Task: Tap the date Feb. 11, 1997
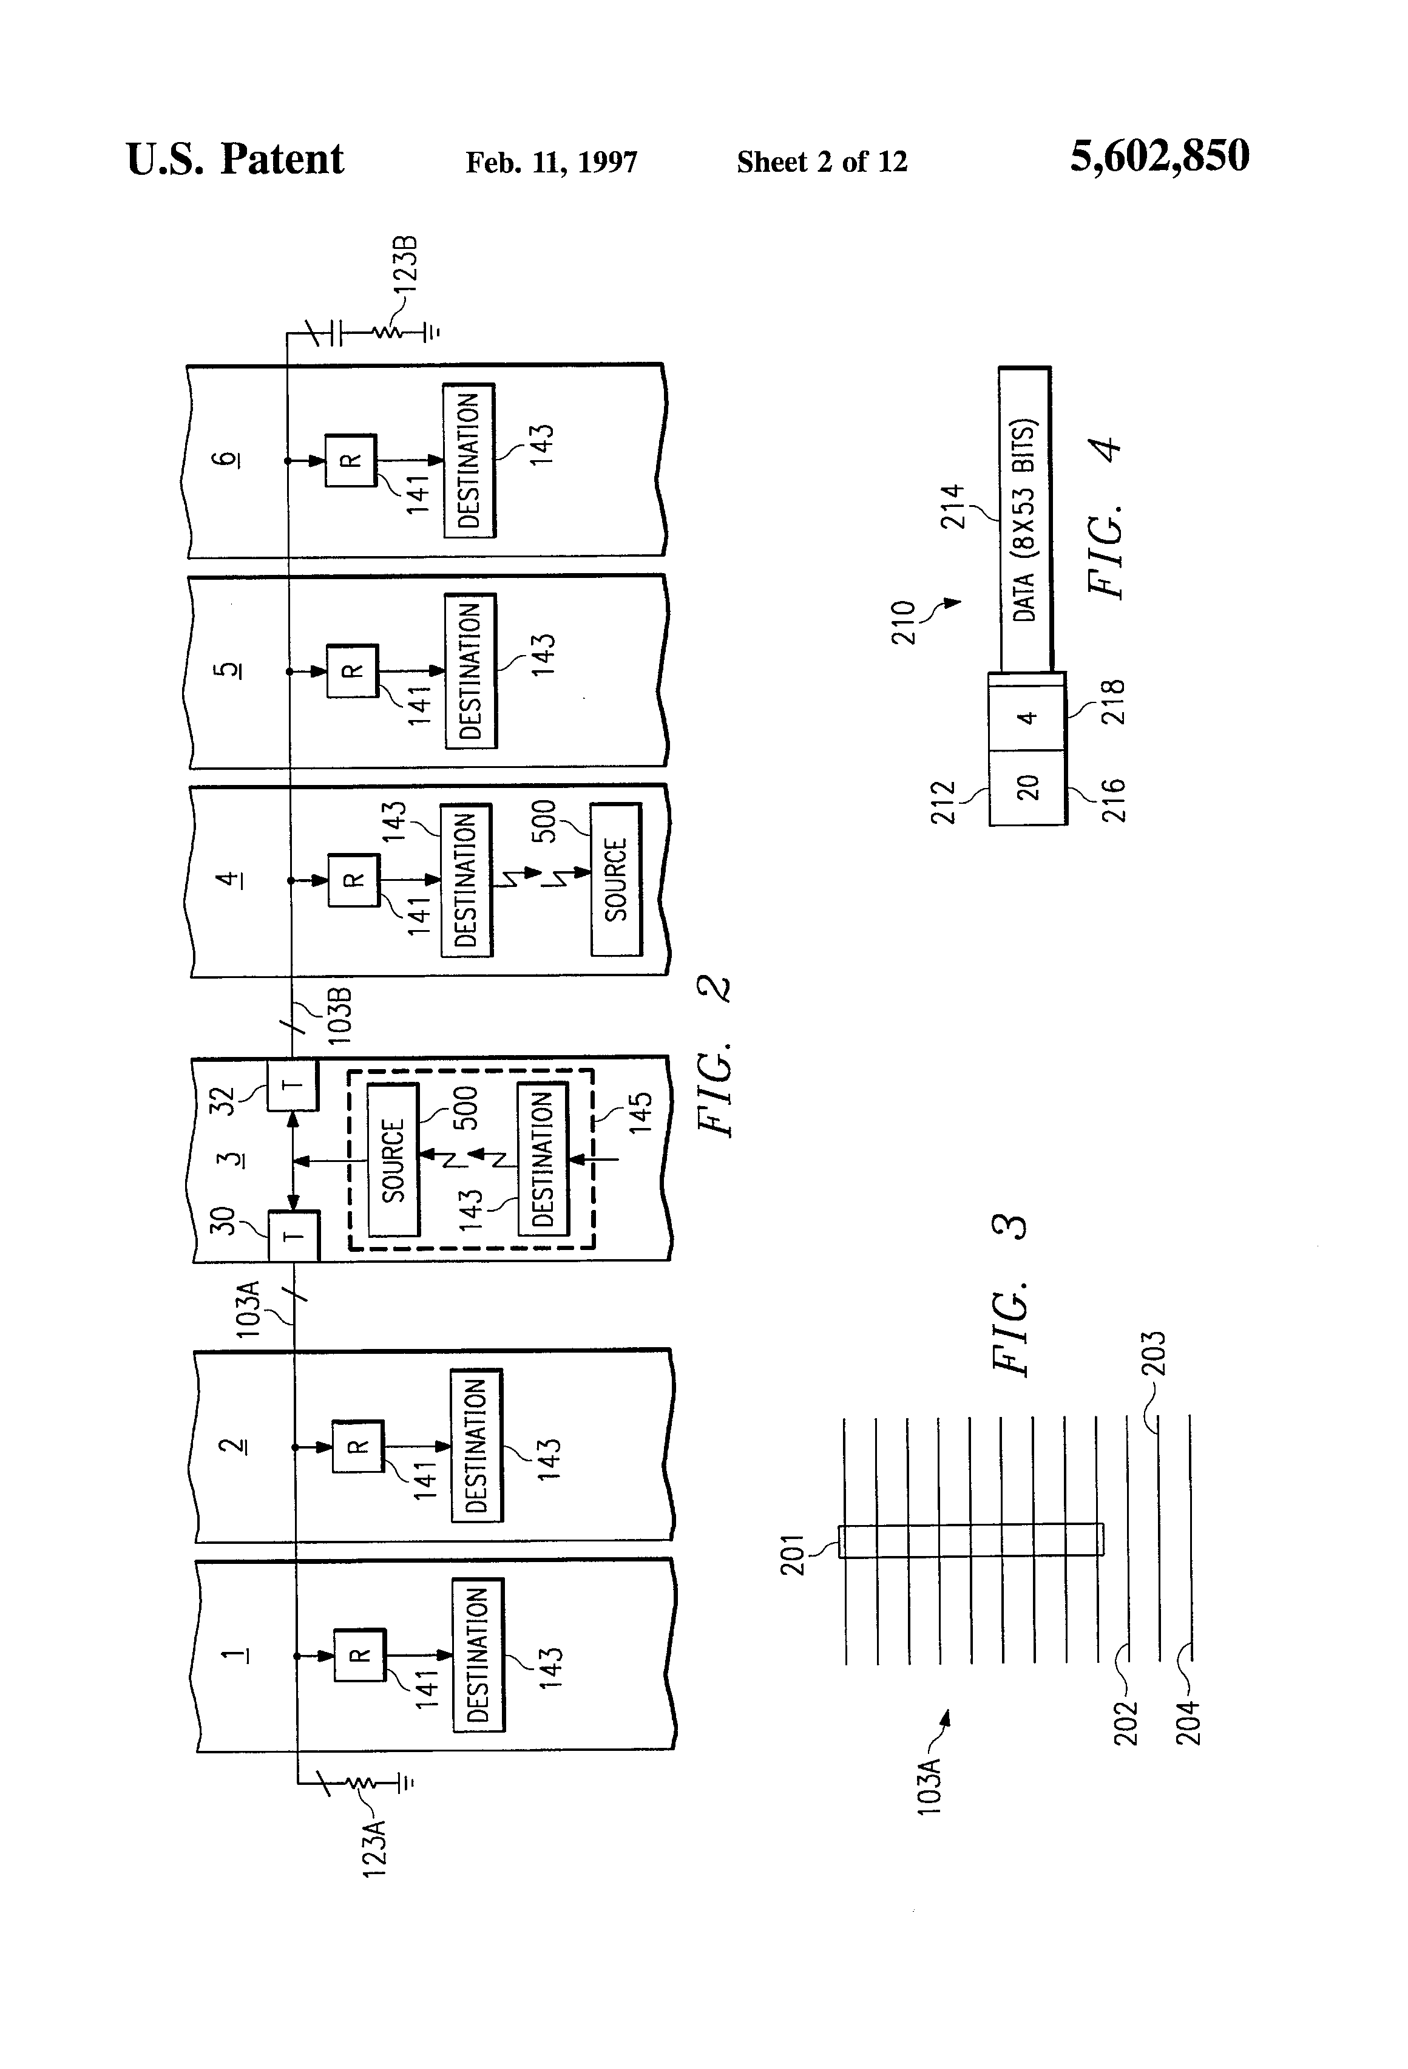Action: pyautogui.click(x=551, y=162)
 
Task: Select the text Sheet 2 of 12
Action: pyautogui.click(x=822, y=162)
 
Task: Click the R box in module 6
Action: pyautogui.click(x=351, y=460)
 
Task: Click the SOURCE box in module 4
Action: pyautogui.click(x=616, y=880)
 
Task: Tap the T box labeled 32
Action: pyautogui.click(x=293, y=1085)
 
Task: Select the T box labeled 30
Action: pyautogui.click(x=294, y=1235)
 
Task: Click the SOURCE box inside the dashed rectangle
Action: pyautogui.click(x=393, y=1160)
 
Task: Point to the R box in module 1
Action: pyautogui.click(x=359, y=1655)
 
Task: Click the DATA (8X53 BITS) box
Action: pyautogui.click(x=1025, y=520)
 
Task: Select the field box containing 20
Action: pyautogui.click(x=1027, y=787)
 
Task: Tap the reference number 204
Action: pyautogui.click(x=1189, y=1723)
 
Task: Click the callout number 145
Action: pyautogui.click(x=640, y=1112)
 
